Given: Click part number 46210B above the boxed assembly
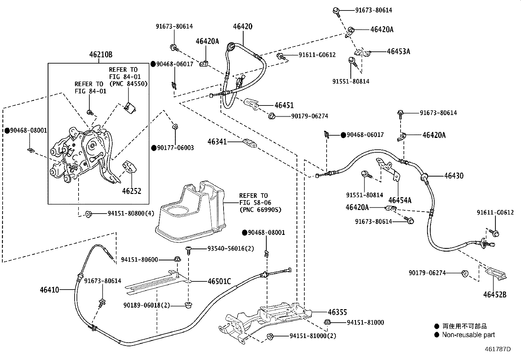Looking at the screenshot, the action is tap(101, 55).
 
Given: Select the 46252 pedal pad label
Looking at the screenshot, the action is tap(132, 191).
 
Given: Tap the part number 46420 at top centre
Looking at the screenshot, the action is tap(243, 27).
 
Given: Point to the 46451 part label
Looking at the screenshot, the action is tap(284, 105).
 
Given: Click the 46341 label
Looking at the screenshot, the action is tap(217, 142).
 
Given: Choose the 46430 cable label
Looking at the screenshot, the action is tap(454, 176).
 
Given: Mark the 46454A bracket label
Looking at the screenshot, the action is tap(400, 200).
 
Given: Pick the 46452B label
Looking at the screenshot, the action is tap(495, 295).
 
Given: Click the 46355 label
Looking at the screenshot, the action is tap(337, 312).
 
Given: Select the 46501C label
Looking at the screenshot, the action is tap(219, 281).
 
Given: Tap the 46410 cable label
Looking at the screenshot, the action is tap(49, 290).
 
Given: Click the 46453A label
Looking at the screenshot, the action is tap(398, 51).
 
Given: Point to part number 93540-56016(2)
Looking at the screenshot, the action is tap(231, 249).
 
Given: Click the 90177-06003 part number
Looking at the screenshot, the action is tap(175, 148).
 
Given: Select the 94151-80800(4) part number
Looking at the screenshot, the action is tap(131, 214).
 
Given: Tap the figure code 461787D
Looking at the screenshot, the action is tap(498, 349).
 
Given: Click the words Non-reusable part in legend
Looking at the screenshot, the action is tap(468, 335).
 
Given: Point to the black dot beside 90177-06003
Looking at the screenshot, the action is tap(154, 148).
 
